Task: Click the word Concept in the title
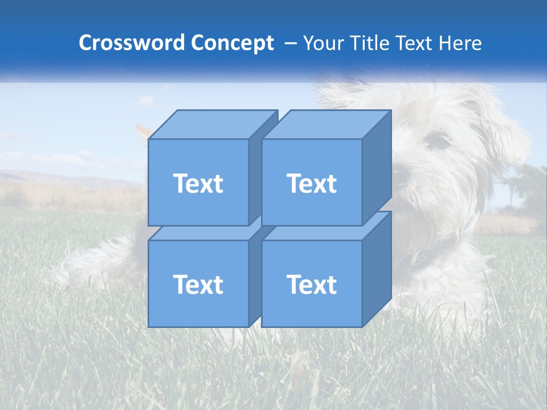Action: (232, 43)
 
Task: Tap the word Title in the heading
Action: (369, 43)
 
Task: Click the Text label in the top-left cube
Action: (198, 183)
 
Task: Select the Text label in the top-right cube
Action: (311, 183)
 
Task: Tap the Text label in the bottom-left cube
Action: (198, 284)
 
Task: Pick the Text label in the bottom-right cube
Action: (311, 284)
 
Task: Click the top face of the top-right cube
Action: (326, 125)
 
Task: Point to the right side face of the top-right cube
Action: (377, 168)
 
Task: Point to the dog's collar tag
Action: (419, 259)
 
